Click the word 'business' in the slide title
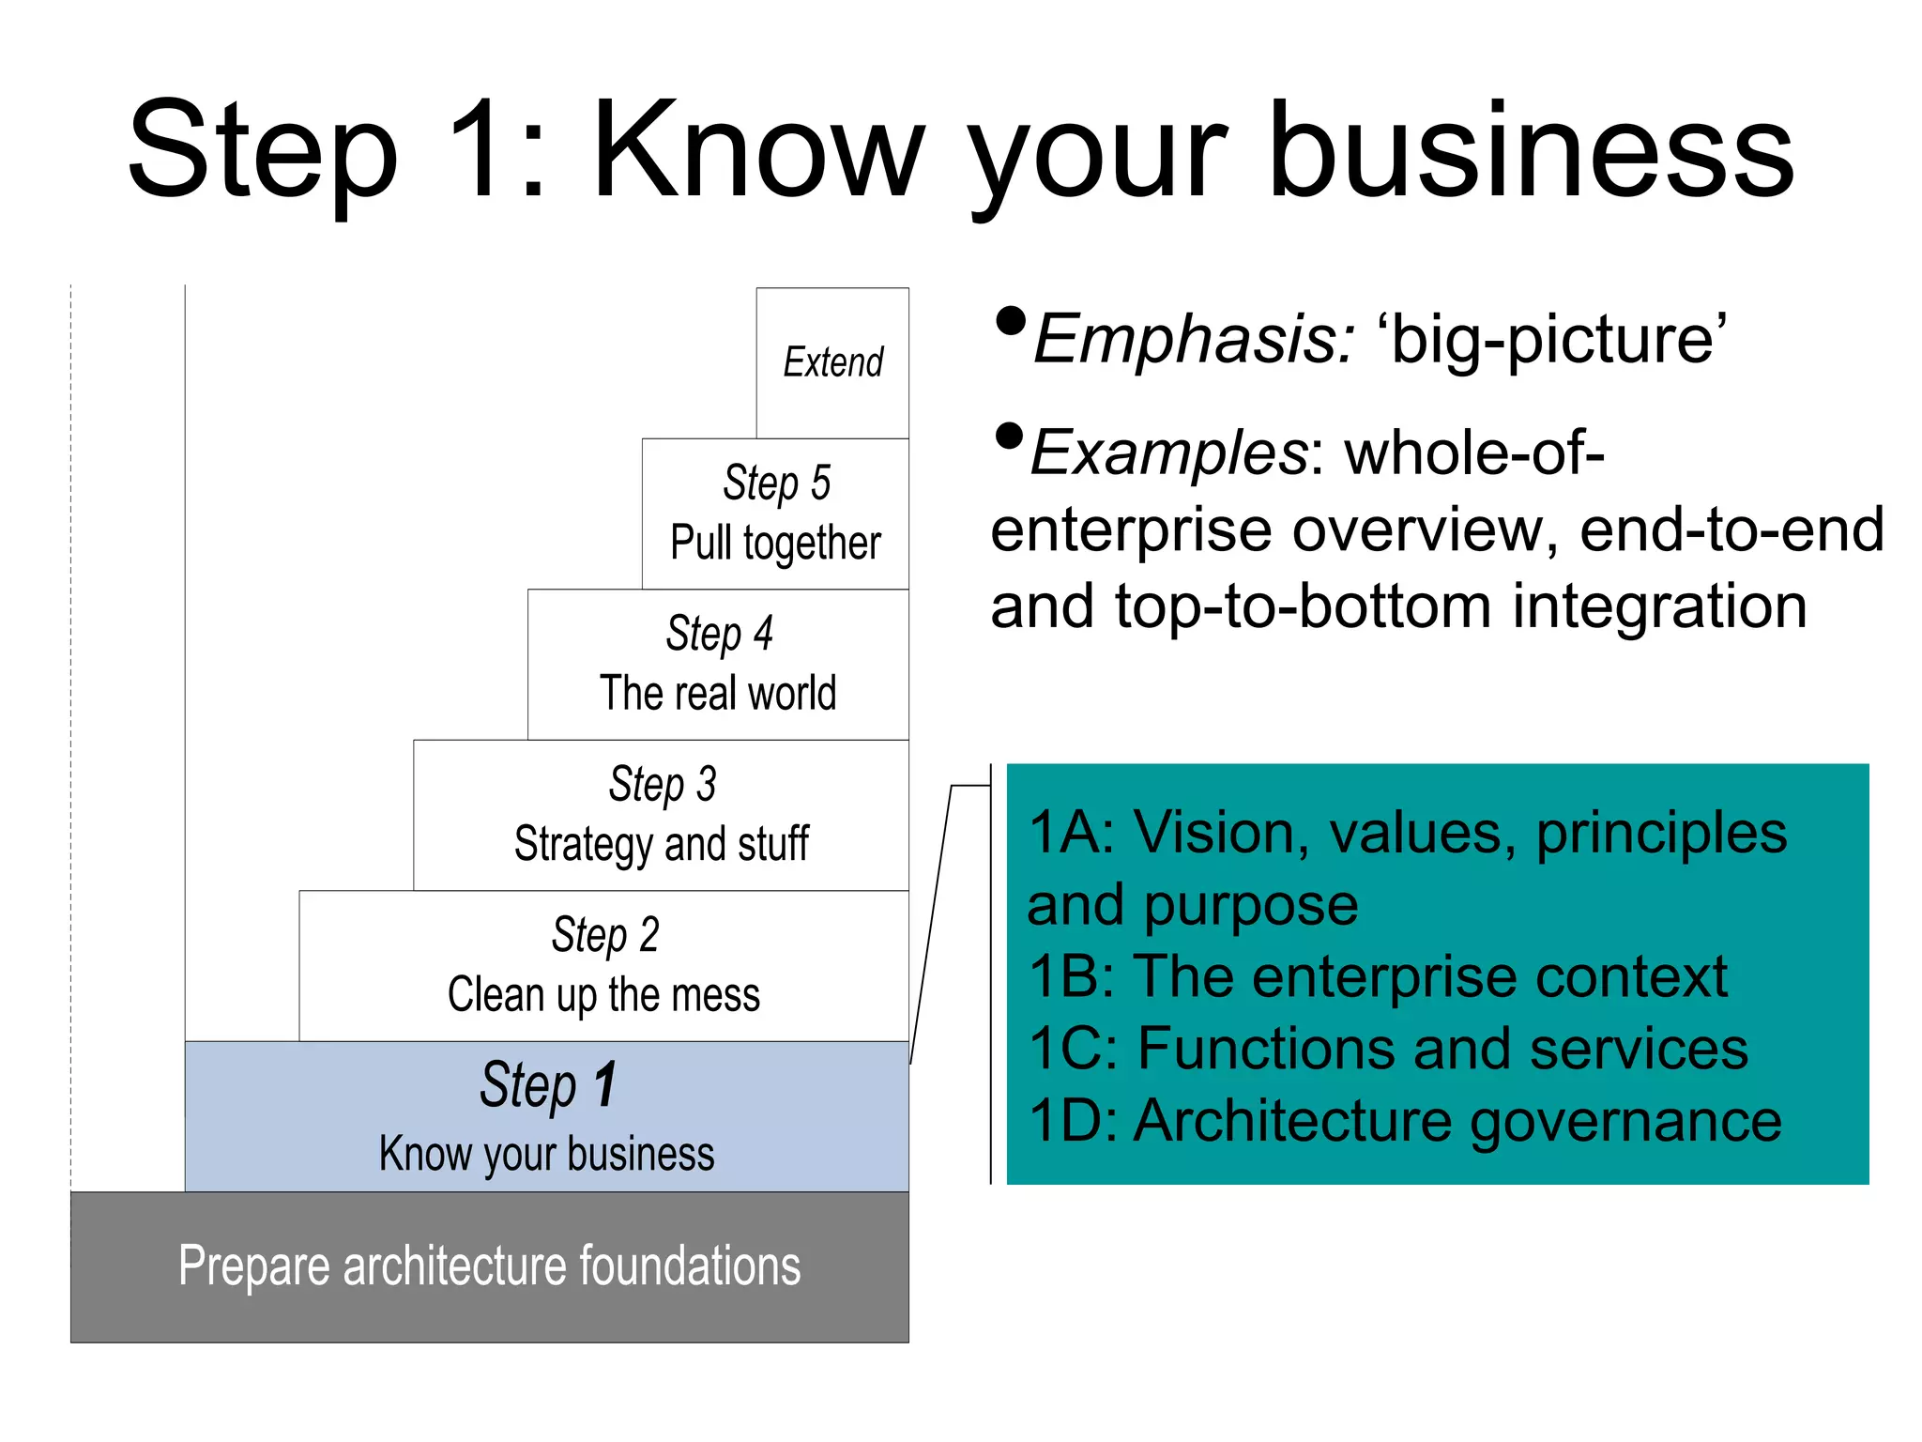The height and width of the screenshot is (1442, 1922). coord(1532,150)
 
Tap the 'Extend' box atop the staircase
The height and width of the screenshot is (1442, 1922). coord(833,362)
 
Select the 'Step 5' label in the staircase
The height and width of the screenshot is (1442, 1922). coord(776,483)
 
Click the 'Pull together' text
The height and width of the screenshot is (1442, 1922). coord(775,544)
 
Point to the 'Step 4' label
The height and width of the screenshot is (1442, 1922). coord(719,633)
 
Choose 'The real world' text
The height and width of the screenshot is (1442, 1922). coord(718,694)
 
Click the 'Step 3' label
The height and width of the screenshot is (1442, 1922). coord(662,784)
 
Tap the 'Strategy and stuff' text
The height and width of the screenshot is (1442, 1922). coord(661,844)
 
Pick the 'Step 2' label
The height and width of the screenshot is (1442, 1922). coord(604,934)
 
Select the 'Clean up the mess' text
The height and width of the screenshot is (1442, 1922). coord(603,995)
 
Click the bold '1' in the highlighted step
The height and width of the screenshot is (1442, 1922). coord(605,1084)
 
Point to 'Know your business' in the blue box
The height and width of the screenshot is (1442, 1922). coord(546,1154)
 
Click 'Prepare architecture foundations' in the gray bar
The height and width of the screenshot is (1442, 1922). coord(489,1266)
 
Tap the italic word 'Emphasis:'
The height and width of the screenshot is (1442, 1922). coord(1194,339)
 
